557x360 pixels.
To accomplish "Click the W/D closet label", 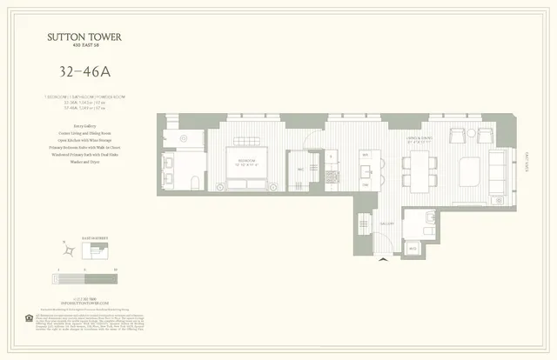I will (x=413, y=249).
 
